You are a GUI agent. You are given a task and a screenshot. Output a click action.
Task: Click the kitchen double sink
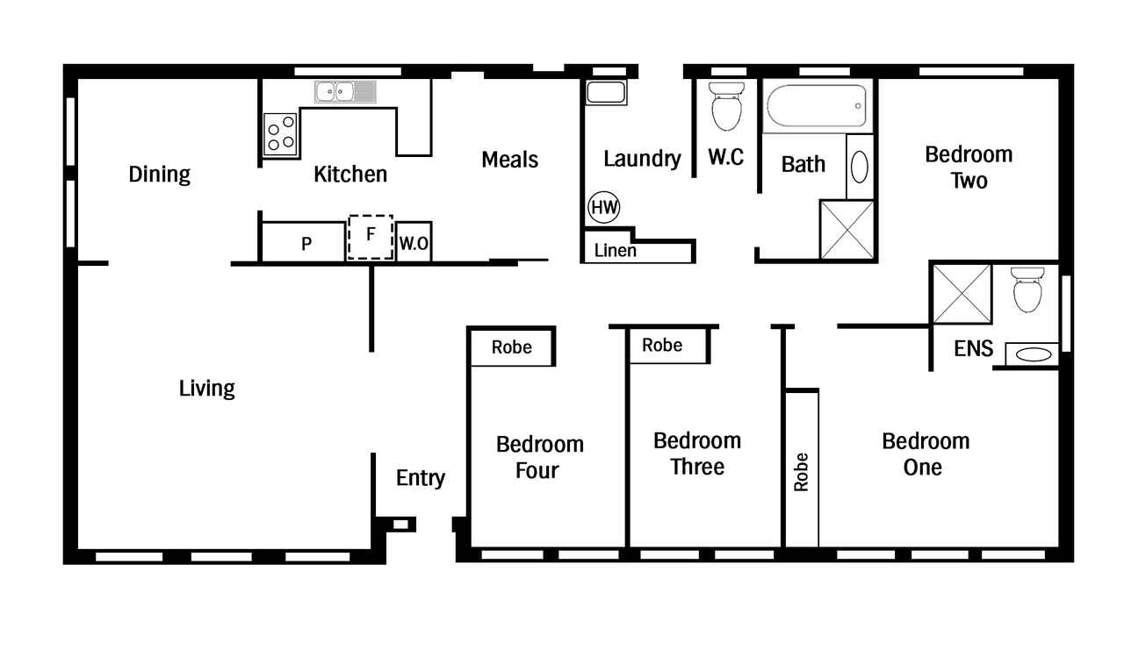[345, 92]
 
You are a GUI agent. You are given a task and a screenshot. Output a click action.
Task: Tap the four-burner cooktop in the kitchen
[280, 134]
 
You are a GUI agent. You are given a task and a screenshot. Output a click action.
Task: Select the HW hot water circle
[603, 207]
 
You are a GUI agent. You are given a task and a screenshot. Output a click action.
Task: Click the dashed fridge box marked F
[371, 237]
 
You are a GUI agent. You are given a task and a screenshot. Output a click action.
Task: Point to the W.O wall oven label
[414, 244]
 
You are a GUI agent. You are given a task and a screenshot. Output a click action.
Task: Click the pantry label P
[306, 244]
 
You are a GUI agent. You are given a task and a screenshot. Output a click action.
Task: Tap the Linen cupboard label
[616, 251]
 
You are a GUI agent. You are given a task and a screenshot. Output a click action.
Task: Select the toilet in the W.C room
[726, 106]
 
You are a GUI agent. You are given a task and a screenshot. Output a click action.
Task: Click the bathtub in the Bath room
[817, 106]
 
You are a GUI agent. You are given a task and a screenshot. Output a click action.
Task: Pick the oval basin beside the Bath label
[859, 167]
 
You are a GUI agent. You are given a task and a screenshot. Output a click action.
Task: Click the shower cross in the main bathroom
[847, 230]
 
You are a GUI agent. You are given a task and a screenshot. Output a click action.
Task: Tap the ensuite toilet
[1027, 289]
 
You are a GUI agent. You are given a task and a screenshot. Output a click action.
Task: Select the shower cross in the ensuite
[962, 294]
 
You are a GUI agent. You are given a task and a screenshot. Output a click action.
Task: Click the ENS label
[974, 348]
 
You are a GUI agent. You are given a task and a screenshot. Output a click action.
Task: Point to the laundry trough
[606, 92]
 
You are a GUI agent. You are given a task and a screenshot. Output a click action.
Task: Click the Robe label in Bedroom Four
[511, 346]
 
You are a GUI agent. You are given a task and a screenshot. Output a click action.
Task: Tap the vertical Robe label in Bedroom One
[802, 472]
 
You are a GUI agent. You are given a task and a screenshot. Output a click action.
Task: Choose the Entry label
[421, 478]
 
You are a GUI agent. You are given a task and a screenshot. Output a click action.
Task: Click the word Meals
[510, 160]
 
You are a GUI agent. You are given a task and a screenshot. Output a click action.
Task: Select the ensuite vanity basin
[1034, 354]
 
